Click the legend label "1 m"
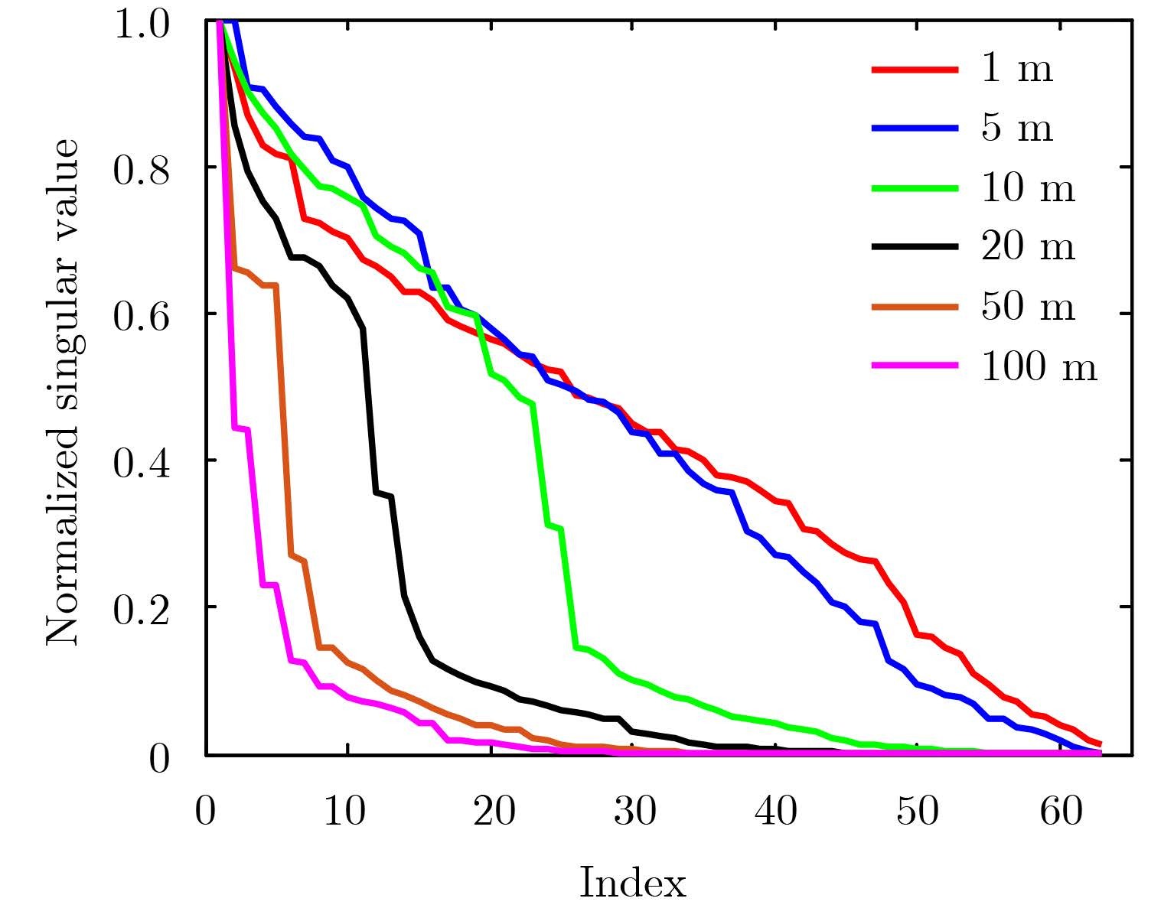click(x=1016, y=70)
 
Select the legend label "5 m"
click(x=1016, y=129)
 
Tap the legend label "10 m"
click(x=1027, y=188)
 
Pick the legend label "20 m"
click(x=1027, y=248)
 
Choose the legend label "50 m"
click(x=1027, y=308)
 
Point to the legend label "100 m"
click(x=1039, y=367)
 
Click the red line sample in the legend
click(x=915, y=70)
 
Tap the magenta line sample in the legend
click(x=915, y=366)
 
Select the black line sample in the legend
click(x=915, y=247)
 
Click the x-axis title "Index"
click(x=632, y=883)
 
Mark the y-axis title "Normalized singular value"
click(x=63, y=392)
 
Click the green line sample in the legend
click(x=915, y=188)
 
